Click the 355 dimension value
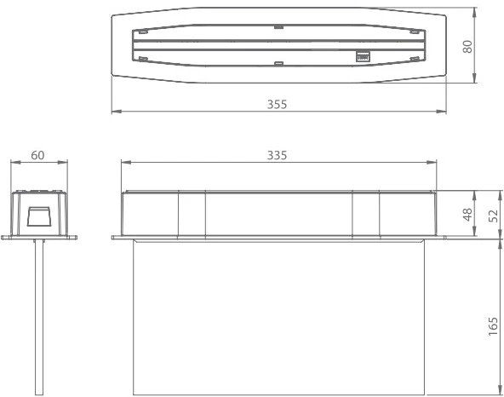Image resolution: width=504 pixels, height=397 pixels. (x=277, y=104)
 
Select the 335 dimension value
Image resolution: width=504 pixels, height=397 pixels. (x=277, y=155)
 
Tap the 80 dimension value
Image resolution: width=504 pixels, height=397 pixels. (x=467, y=46)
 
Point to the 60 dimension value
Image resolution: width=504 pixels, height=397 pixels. (x=37, y=155)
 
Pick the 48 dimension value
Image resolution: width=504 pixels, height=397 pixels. (x=467, y=215)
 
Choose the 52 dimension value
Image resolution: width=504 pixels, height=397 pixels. (x=493, y=216)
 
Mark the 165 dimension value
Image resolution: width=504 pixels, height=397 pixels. (x=493, y=326)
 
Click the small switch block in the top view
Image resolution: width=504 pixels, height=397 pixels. (x=363, y=56)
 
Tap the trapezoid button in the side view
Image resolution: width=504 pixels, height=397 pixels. (x=38, y=216)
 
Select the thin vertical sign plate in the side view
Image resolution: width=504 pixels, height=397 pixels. (x=39, y=317)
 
